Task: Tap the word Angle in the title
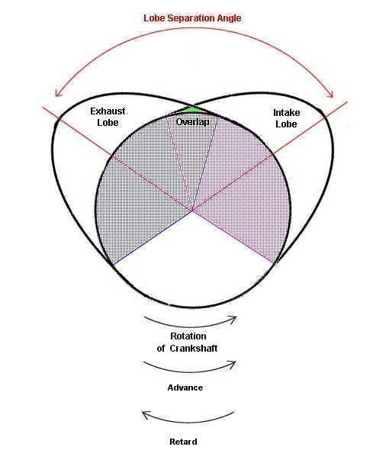tap(229, 18)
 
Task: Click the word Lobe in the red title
tap(154, 18)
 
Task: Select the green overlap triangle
tap(193, 110)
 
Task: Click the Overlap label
tap(192, 121)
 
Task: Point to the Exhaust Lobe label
tap(108, 117)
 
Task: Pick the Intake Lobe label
tap(286, 118)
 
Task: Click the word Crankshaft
tap(194, 349)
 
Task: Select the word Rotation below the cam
tap(188, 336)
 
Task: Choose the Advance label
tap(185, 387)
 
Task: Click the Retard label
tap(183, 442)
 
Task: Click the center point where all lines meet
tap(192, 211)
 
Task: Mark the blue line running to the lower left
tap(153, 237)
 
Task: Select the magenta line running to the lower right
tap(233, 236)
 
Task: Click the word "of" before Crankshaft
tap(161, 349)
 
